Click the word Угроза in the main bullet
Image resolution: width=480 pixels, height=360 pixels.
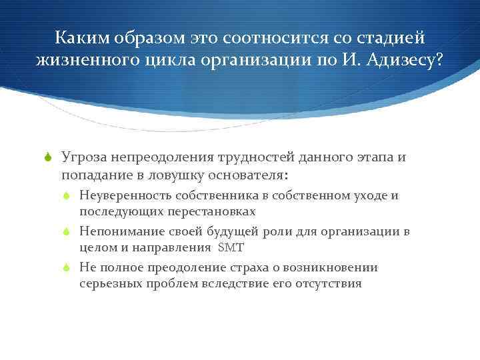coord(83,157)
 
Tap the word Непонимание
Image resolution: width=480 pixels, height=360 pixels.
coord(117,231)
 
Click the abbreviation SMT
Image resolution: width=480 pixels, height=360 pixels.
coord(231,247)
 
